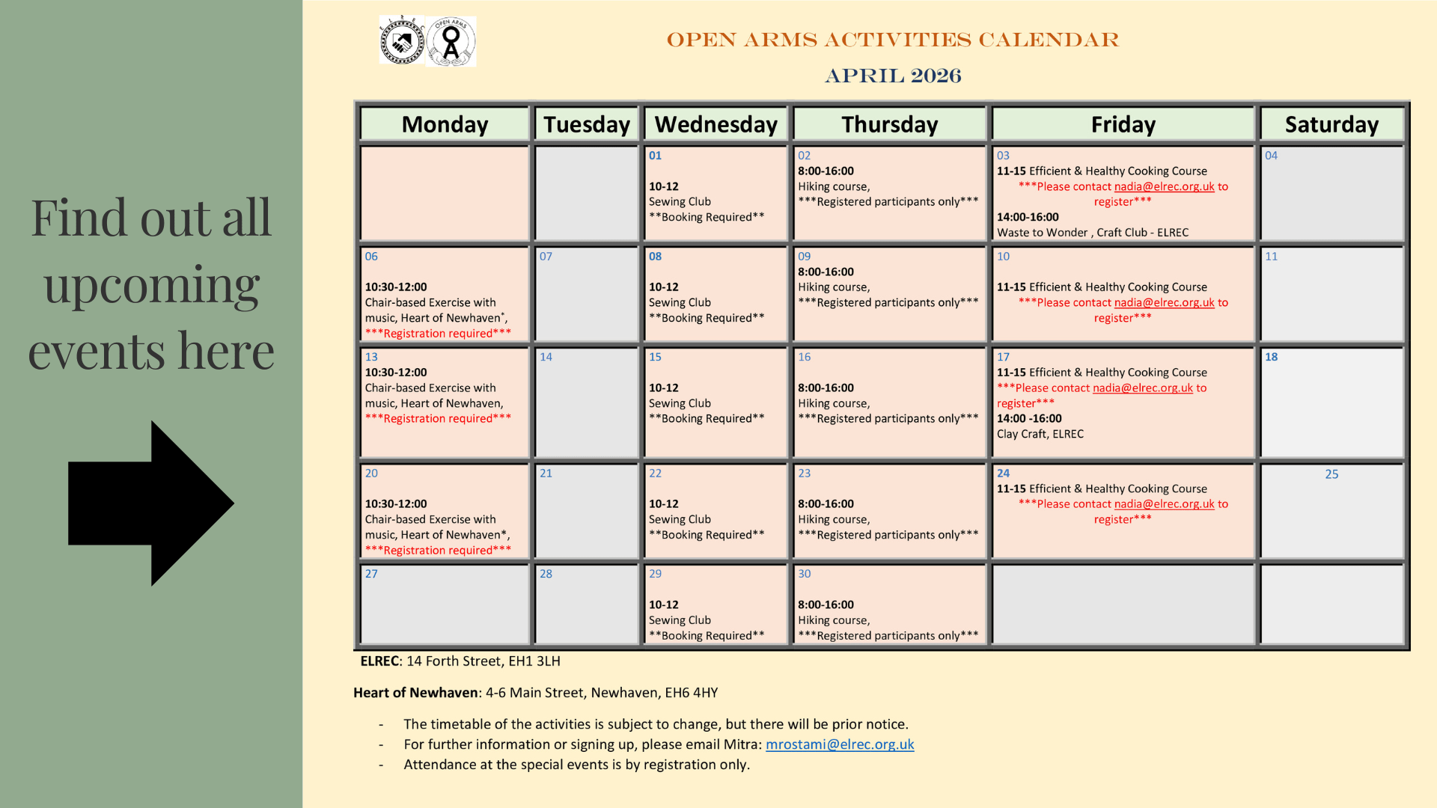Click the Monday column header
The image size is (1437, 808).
(x=445, y=124)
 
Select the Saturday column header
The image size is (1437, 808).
(x=1331, y=124)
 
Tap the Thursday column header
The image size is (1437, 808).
(x=889, y=124)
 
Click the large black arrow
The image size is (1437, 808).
(x=151, y=503)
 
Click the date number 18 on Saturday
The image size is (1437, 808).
(x=1272, y=357)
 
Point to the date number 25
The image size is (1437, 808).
(x=1331, y=474)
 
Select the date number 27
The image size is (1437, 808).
(x=371, y=574)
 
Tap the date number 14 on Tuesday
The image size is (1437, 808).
(x=546, y=357)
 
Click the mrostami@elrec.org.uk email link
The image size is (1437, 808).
(x=840, y=744)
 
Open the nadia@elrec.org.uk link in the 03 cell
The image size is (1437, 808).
(x=1164, y=186)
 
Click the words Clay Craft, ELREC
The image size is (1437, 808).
(x=1040, y=434)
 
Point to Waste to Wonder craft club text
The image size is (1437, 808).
(x=1092, y=233)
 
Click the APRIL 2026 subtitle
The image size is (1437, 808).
(x=893, y=76)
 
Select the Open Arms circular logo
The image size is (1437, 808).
(x=451, y=41)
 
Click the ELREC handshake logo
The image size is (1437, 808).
(x=402, y=40)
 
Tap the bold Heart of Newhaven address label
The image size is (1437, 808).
(x=415, y=693)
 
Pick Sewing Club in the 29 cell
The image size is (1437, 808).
(x=680, y=620)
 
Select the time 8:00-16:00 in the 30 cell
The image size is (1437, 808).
(x=826, y=605)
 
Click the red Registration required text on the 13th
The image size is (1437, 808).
(x=438, y=418)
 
